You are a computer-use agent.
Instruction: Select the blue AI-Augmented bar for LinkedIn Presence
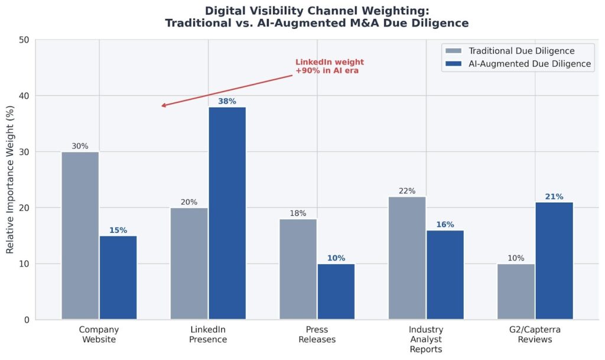tap(227, 213)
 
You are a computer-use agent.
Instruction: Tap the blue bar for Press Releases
tap(336, 291)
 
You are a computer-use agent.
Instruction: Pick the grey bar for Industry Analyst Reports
tap(407, 258)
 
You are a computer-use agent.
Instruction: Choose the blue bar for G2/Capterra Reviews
tap(554, 261)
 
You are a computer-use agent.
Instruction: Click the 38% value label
tap(227, 101)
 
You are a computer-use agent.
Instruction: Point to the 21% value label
tap(554, 197)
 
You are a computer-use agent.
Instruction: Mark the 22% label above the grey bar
tap(407, 191)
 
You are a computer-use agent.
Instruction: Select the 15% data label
tap(118, 231)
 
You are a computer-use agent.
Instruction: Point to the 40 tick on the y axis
tap(24, 96)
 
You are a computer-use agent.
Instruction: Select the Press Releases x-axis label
tap(317, 335)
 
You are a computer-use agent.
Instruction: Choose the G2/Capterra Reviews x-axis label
tap(535, 335)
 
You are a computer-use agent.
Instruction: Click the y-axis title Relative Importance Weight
tap(11, 180)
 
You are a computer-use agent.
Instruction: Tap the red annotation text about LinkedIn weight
tap(329, 66)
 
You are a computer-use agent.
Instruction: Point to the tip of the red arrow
tap(162, 106)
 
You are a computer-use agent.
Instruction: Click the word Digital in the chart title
tap(227, 11)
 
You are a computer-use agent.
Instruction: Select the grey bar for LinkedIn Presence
tap(189, 264)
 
